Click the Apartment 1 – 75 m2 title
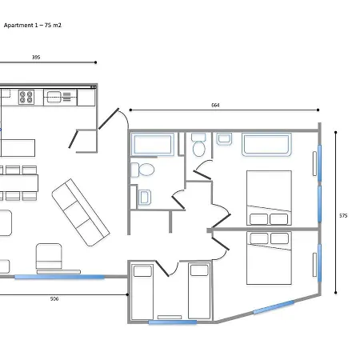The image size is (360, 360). [33, 26]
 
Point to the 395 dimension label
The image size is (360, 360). [36, 58]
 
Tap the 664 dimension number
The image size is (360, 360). [215, 106]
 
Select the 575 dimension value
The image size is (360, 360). [343, 216]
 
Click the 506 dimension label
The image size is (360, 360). [54, 299]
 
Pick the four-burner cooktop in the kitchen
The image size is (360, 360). [26, 97]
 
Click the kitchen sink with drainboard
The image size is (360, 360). [60, 97]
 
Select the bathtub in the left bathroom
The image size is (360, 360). [153, 144]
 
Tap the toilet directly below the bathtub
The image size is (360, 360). [142, 170]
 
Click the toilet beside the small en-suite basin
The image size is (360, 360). [198, 145]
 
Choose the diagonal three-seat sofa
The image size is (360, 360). [81, 213]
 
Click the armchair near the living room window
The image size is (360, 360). [49, 256]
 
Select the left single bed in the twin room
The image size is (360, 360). [142, 291]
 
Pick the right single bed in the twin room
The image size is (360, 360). [199, 290]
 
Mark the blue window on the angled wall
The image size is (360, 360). [274, 307]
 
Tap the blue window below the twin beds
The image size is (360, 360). [173, 322]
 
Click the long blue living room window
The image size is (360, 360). [59, 277]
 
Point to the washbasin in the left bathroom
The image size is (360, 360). [145, 198]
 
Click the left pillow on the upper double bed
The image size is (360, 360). [258, 219]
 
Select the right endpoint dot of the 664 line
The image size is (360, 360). [318, 110]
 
